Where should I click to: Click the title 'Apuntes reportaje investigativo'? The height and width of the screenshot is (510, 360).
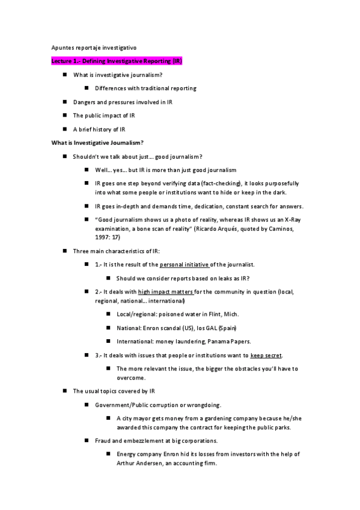(93, 47)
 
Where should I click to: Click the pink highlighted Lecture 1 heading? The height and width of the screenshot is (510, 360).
(116, 61)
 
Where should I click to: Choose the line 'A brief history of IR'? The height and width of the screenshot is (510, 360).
(99, 129)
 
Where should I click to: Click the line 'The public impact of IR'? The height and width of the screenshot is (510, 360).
(104, 115)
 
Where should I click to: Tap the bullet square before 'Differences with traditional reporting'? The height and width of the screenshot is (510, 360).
(87, 88)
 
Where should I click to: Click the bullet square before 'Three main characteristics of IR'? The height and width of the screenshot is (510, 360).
(64, 251)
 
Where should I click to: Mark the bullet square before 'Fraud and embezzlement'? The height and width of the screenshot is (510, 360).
(87, 441)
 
